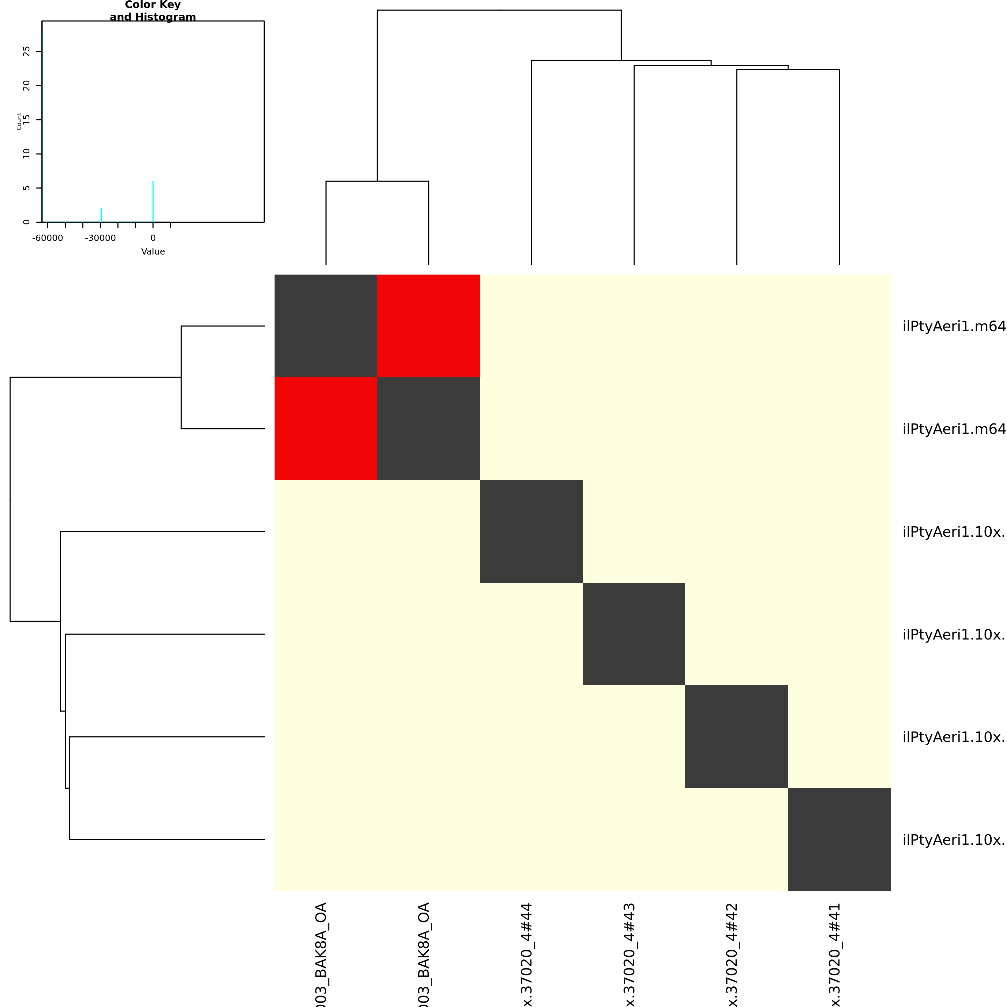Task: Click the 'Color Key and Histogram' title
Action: tap(153, 11)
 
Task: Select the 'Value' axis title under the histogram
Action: tap(153, 251)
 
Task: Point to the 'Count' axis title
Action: tap(19, 121)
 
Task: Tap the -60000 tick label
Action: tap(48, 238)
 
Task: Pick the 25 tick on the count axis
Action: tap(27, 51)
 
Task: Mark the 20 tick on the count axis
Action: tap(27, 85)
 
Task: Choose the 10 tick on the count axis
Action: tap(27, 154)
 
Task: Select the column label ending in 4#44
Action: tap(528, 954)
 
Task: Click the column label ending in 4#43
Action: tap(630, 954)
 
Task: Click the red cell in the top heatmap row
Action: tap(428, 326)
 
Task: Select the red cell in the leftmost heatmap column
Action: tap(326, 428)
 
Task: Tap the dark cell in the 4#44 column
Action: tap(531, 531)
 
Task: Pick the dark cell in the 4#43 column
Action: tap(634, 634)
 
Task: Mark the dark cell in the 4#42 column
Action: tap(736, 736)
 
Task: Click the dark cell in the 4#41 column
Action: tap(839, 839)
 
